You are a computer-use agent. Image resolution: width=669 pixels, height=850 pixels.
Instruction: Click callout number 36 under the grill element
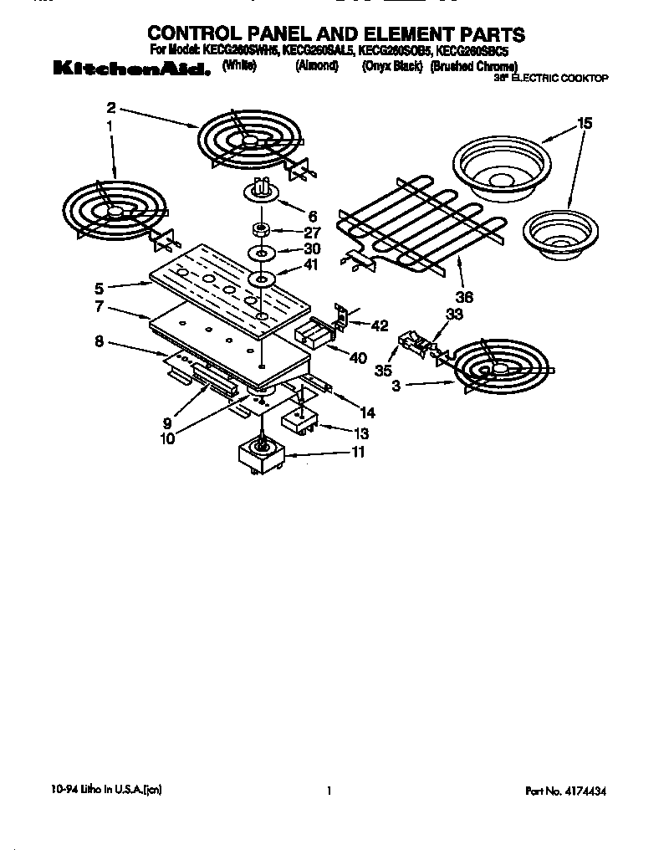coord(464,296)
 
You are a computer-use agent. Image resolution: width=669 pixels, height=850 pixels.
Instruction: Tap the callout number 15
coord(584,123)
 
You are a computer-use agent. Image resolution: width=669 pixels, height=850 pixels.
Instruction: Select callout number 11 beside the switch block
coord(358,453)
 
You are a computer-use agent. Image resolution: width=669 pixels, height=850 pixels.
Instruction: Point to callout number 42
coord(380,326)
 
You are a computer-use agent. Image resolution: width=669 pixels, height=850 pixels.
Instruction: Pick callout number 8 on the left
coord(99,341)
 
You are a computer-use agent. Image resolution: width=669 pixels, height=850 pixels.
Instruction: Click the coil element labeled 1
coord(114,209)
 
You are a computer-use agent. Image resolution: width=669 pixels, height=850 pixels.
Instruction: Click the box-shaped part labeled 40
coord(313,335)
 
